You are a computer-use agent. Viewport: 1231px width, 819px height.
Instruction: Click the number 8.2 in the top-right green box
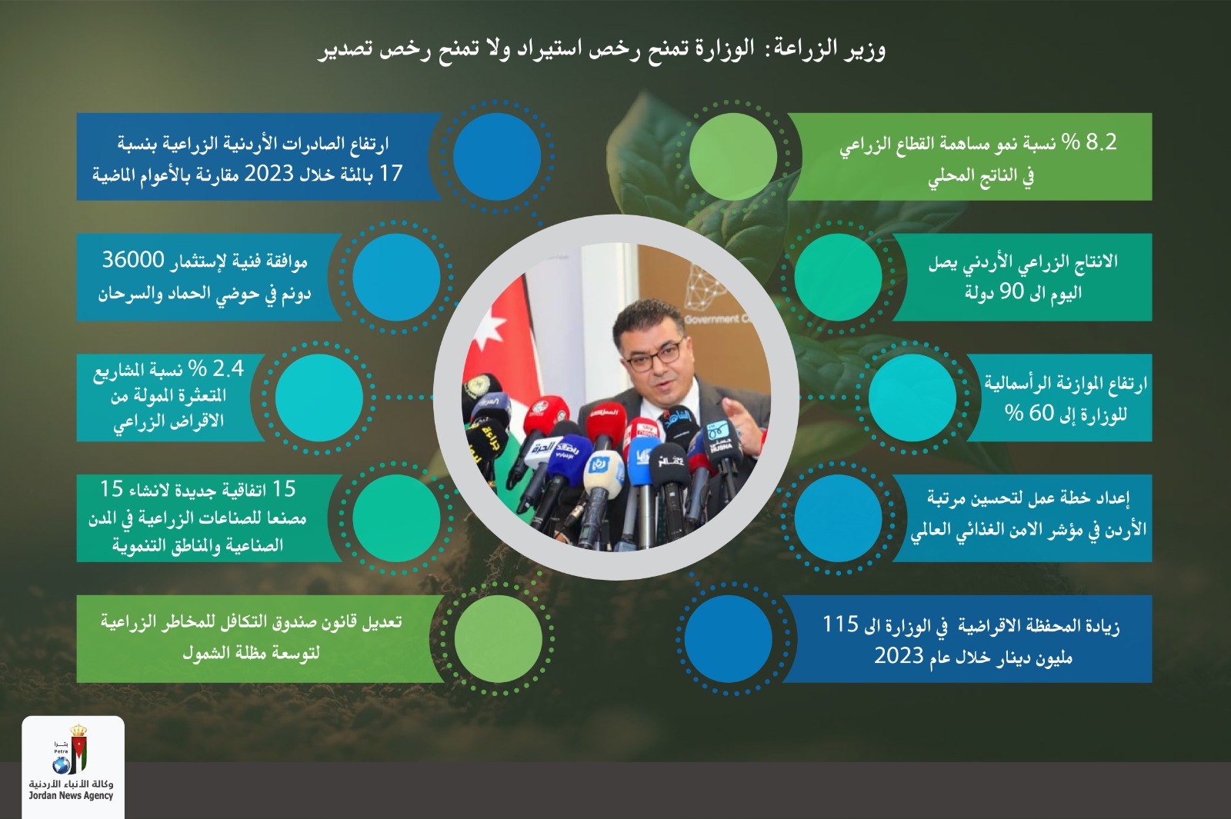1101,142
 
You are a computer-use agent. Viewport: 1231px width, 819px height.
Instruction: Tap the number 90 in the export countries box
1012,291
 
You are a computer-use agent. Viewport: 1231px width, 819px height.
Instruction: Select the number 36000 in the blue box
133,260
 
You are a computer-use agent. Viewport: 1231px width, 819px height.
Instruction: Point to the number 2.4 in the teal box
228,369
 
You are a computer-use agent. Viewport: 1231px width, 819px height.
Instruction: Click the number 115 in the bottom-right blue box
840,624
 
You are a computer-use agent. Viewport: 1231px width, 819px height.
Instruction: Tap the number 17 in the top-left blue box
391,174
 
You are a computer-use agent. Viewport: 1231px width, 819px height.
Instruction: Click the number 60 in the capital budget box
1041,413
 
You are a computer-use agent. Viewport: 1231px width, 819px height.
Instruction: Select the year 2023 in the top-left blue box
269,174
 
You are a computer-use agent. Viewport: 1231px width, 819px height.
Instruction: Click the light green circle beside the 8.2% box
732,156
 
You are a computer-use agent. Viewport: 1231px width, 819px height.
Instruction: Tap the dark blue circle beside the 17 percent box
496,156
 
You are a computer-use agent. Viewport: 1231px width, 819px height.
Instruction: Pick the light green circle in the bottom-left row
498,638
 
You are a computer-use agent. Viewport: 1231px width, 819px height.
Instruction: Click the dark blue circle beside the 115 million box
727,638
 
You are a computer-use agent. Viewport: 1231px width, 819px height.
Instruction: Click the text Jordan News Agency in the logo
71,796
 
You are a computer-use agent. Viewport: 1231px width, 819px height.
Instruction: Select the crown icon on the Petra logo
78,731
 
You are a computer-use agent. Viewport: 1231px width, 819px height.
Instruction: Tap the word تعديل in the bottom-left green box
382,621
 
